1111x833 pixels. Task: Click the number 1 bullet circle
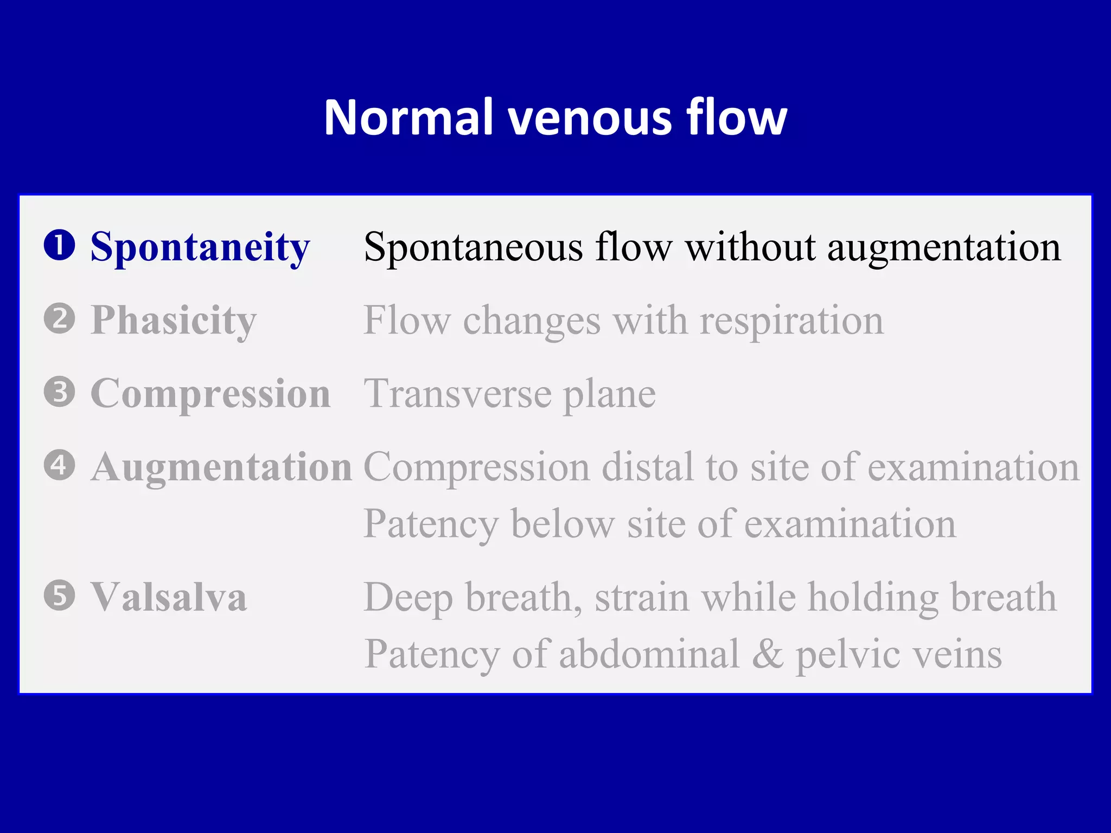coord(59,245)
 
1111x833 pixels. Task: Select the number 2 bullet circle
coord(59,318)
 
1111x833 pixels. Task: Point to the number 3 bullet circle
coord(59,392)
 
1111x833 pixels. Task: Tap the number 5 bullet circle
coord(59,595)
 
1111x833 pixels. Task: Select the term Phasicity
coord(174,321)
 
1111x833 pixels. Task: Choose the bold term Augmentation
coord(221,467)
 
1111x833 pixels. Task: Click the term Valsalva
coord(169,597)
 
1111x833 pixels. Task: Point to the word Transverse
coord(458,394)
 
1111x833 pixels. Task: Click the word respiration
coord(791,321)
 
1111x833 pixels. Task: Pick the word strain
coord(642,597)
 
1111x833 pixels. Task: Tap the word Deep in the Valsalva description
coord(408,598)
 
